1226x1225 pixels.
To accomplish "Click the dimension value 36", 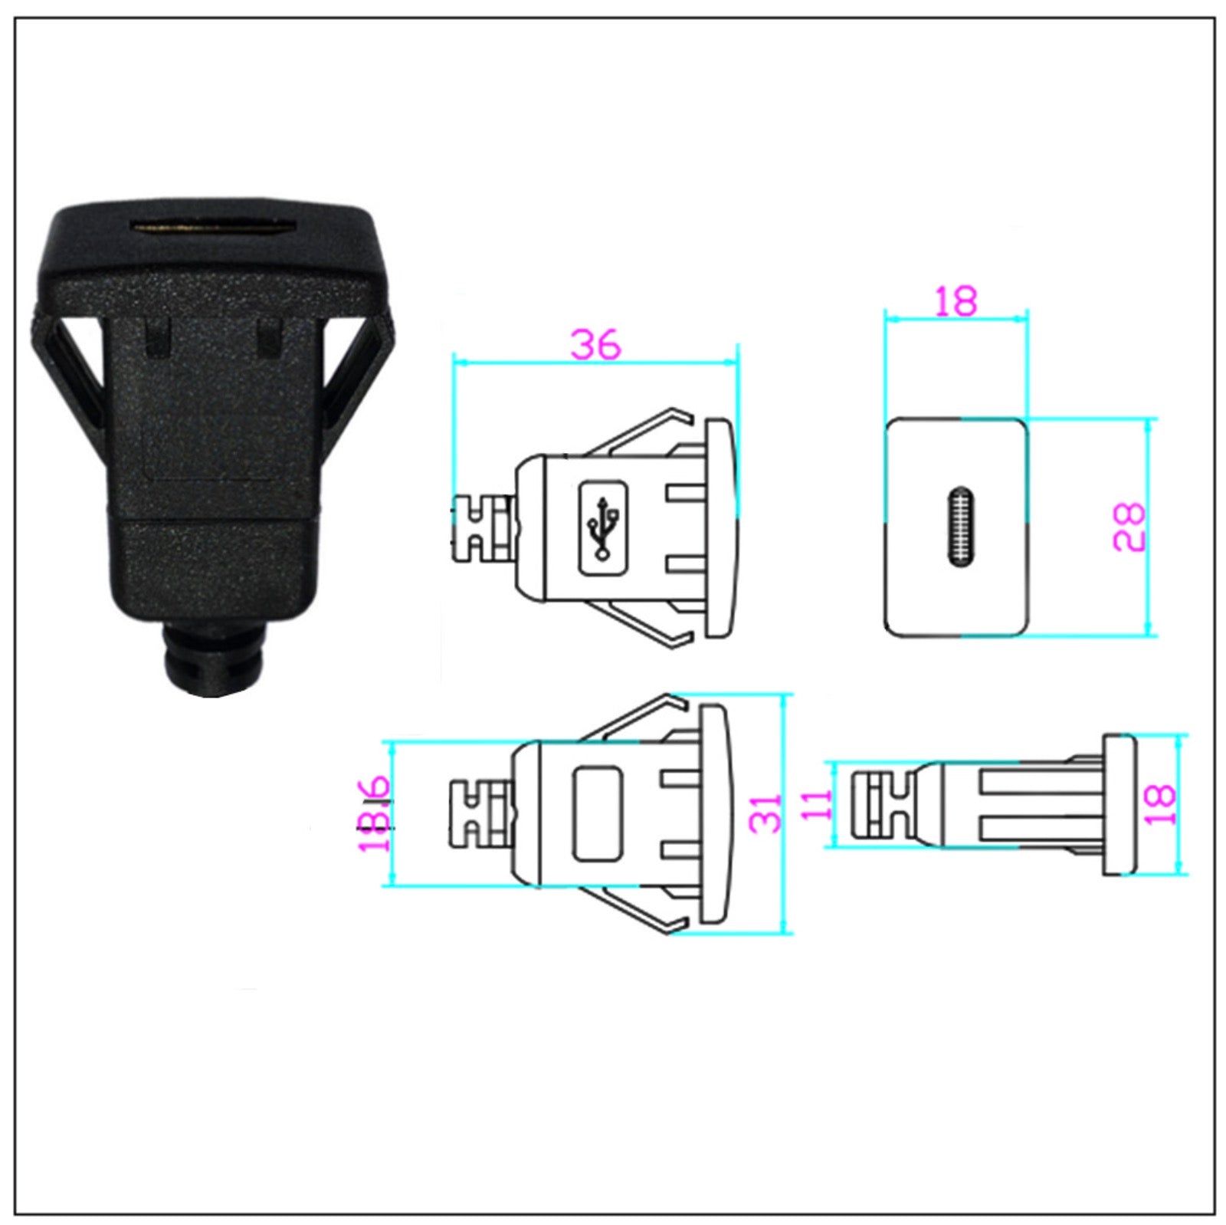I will pos(595,344).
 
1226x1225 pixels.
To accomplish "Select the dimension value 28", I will pos(1129,527).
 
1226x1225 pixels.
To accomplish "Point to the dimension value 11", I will pos(818,804).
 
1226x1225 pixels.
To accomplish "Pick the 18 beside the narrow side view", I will pos(1162,804).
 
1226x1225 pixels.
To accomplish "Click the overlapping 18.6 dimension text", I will pos(375,814).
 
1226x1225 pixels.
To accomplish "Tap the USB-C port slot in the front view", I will pos(959,527).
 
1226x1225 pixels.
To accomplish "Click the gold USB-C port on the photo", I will pos(212,228).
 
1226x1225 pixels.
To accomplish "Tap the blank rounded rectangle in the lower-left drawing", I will pos(598,813).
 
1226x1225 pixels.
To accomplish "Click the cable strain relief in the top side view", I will pos(483,528).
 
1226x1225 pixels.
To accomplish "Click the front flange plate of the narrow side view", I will pos(1118,804).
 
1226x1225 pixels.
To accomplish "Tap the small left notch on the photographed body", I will pos(158,337).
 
